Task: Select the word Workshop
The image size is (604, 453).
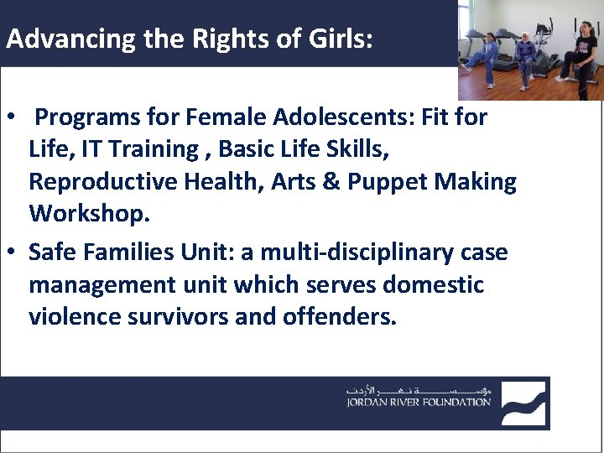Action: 90,214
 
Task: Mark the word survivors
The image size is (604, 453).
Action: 169,317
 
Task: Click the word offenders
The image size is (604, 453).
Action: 333,317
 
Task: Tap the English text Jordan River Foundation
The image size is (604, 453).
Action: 419,403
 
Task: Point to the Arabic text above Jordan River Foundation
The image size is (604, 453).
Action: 419,390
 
